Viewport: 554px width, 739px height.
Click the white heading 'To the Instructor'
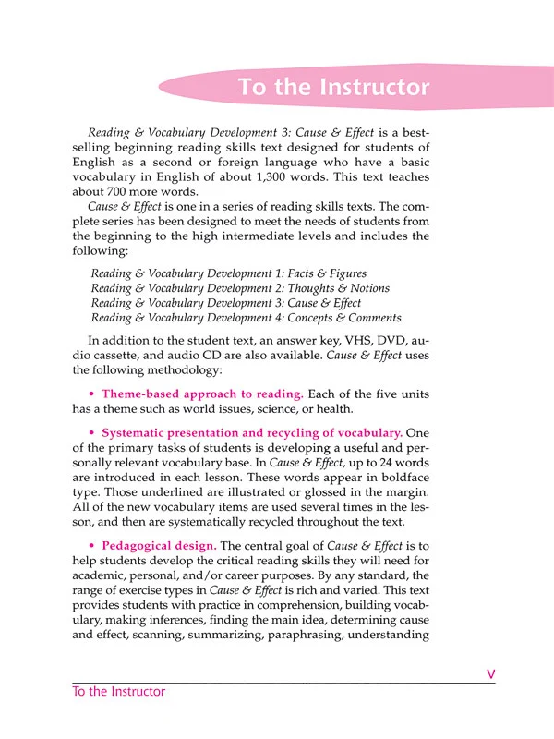(333, 88)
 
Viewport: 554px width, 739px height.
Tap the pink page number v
(491, 675)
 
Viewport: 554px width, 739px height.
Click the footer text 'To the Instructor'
(119, 692)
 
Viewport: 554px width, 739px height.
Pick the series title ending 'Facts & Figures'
(229, 273)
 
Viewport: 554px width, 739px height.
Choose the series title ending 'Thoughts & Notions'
(237, 288)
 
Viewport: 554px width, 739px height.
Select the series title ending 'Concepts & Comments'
(243, 318)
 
